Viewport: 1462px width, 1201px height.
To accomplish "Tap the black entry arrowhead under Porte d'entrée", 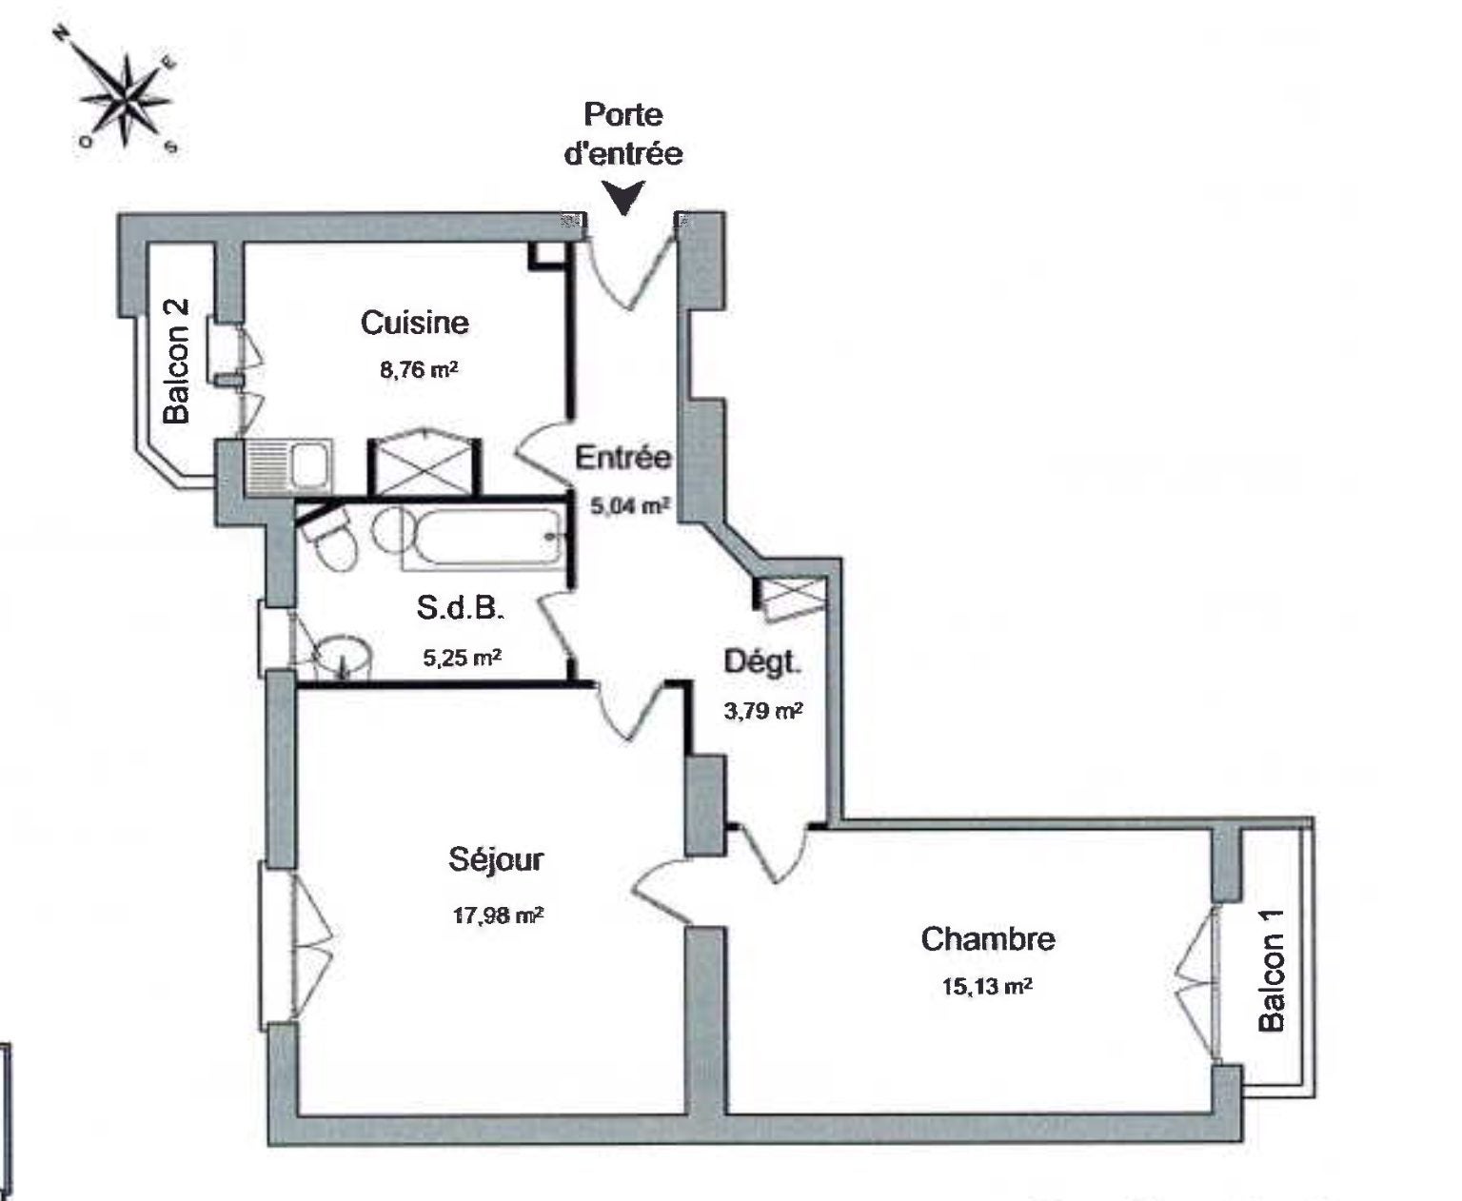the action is [623, 198].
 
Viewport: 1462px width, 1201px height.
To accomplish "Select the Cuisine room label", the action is [415, 323].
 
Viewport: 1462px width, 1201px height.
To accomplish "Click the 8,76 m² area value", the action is [419, 369].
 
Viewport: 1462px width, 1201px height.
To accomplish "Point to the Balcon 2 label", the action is [176, 361].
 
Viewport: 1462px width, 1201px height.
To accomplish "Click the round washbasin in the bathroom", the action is [344, 657].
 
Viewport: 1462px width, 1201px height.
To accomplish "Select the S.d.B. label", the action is [459, 608].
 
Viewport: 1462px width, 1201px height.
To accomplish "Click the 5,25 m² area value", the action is [462, 657].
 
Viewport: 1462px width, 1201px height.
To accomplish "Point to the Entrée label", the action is [623, 458].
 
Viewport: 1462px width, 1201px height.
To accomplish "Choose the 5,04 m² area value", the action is [630, 506].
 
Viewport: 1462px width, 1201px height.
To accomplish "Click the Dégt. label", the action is [761, 663].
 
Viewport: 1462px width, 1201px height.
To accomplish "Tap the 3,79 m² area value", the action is [763, 711].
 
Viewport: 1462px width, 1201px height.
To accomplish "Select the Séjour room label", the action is [496, 860].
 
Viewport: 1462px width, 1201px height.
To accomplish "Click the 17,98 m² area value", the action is [498, 916].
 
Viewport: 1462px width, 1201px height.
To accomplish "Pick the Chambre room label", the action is [988, 939].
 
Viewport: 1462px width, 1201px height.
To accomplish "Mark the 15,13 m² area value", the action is [987, 986].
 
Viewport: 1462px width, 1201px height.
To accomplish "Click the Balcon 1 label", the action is [1272, 971].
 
